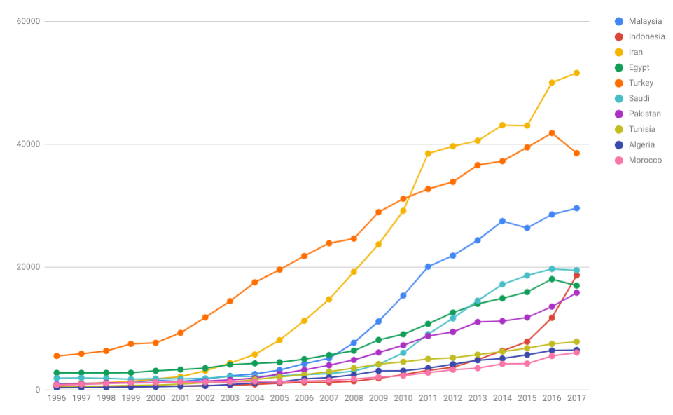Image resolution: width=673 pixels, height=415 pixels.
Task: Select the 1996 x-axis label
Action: [57, 398]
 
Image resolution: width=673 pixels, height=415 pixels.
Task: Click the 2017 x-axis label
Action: [576, 398]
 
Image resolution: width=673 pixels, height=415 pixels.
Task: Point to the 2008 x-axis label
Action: [354, 398]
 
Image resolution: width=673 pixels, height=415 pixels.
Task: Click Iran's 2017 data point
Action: [576, 73]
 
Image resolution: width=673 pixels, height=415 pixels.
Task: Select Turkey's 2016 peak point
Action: [552, 133]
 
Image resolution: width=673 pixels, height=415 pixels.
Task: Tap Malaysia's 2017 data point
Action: [576, 208]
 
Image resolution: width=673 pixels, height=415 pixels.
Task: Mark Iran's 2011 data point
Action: [428, 154]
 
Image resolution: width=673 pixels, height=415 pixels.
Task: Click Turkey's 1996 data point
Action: [57, 356]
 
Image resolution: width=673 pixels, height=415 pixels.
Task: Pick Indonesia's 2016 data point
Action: [552, 318]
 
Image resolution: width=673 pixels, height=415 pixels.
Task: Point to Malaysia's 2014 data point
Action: [502, 221]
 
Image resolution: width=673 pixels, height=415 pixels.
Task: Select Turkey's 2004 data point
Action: [255, 283]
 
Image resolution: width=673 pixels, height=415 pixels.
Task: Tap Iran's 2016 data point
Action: [552, 83]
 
